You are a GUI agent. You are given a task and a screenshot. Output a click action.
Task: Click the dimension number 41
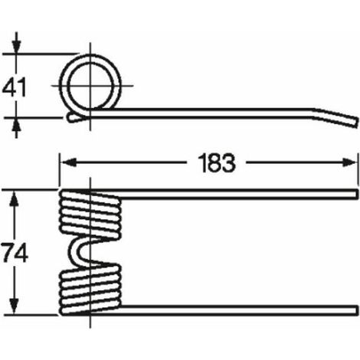click(x=15, y=87)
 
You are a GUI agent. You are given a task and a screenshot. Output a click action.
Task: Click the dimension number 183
click(x=217, y=163)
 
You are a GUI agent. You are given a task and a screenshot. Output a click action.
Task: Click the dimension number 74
click(x=15, y=253)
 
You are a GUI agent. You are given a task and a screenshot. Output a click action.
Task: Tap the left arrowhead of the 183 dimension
click(x=69, y=162)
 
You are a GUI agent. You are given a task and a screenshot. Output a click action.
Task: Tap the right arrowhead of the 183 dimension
click(x=349, y=162)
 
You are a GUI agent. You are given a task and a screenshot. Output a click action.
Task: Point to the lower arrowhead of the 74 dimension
click(x=14, y=306)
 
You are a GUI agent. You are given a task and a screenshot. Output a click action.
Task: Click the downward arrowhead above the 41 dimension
click(x=16, y=46)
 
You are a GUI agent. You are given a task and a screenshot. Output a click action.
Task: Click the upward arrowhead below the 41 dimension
click(x=16, y=126)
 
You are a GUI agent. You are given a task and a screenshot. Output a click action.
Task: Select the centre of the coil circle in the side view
click(x=90, y=86)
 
